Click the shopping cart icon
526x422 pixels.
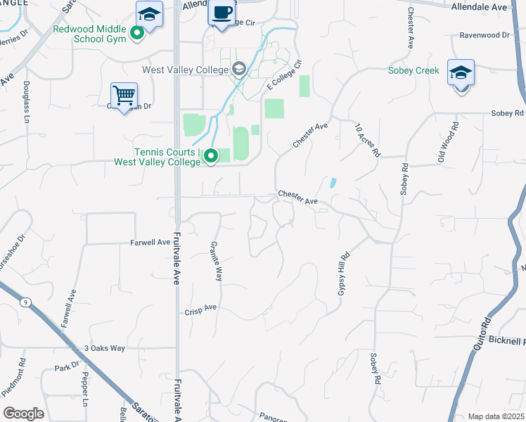pyautogui.click(x=124, y=95)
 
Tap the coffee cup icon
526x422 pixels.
pyautogui.click(x=222, y=14)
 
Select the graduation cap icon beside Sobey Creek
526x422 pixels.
pyautogui.click(x=461, y=72)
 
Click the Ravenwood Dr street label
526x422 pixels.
pyautogui.click(x=484, y=34)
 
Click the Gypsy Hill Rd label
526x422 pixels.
pyautogui.click(x=344, y=274)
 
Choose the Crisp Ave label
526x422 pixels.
pyautogui.click(x=200, y=309)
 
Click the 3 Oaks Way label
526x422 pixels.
pyautogui.click(x=104, y=348)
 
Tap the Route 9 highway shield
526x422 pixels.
pyautogui.click(x=26, y=302)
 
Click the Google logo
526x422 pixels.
pyautogui.click(x=23, y=414)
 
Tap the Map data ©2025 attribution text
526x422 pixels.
pyautogui.click(x=495, y=416)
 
